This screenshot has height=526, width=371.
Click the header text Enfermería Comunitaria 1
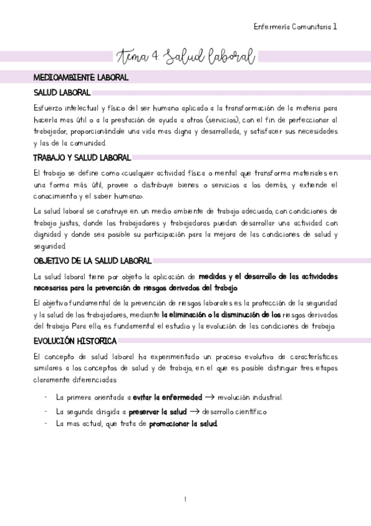(296, 27)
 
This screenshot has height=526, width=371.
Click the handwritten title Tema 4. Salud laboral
(185, 58)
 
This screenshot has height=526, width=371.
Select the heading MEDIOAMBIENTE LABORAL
(81, 78)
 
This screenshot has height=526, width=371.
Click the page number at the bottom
(185, 499)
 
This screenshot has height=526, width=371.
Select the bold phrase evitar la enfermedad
(167, 397)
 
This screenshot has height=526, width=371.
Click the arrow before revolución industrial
(209, 397)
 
